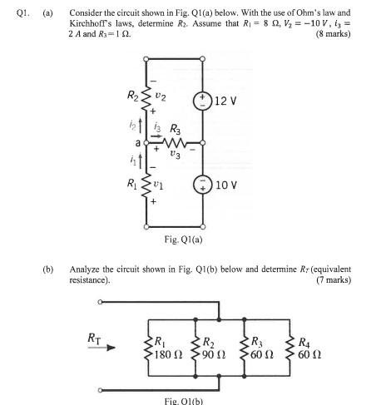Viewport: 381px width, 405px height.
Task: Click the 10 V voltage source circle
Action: (x=201, y=204)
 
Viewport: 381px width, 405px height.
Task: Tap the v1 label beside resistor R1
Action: (x=165, y=204)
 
